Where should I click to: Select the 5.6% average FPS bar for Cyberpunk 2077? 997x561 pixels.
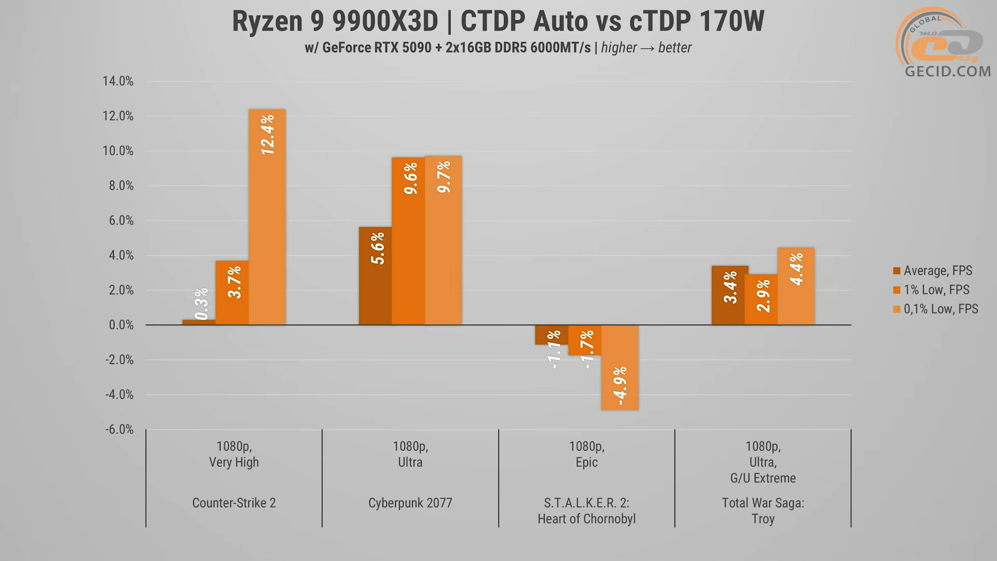click(375, 276)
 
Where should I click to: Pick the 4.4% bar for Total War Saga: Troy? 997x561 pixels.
click(796, 286)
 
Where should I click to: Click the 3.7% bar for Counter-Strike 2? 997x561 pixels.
click(232, 293)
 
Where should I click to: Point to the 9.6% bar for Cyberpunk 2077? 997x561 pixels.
click(409, 241)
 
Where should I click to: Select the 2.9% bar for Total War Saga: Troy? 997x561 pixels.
click(761, 300)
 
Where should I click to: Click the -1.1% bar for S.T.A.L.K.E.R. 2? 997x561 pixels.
click(552, 335)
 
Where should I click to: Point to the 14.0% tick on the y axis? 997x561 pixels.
click(118, 81)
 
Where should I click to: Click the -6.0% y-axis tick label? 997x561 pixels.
click(119, 430)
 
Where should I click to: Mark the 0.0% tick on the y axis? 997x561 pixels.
click(121, 325)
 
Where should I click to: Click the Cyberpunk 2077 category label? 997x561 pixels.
click(410, 503)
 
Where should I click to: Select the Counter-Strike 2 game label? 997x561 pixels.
click(234, 503)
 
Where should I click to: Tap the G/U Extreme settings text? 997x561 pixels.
click(763, 478)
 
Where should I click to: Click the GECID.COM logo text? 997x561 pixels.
click(948, 71)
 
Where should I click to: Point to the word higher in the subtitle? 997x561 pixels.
click(618, 48)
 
